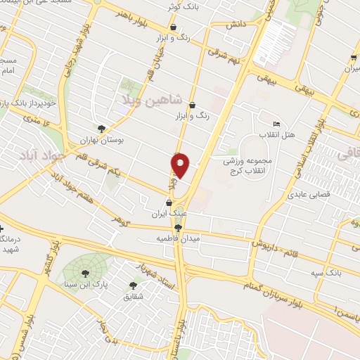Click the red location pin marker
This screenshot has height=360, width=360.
[x=181, y=165]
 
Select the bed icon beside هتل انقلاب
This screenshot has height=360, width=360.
[x=276, y=124]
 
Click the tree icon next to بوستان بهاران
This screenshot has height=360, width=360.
[x=102, y=128]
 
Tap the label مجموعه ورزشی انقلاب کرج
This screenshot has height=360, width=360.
[x=255, y=166]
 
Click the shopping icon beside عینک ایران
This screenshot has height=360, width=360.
[x=168, y=200]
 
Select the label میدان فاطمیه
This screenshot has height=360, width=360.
[x=179, y=239]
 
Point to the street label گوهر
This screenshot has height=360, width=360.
[x=122, y=221]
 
